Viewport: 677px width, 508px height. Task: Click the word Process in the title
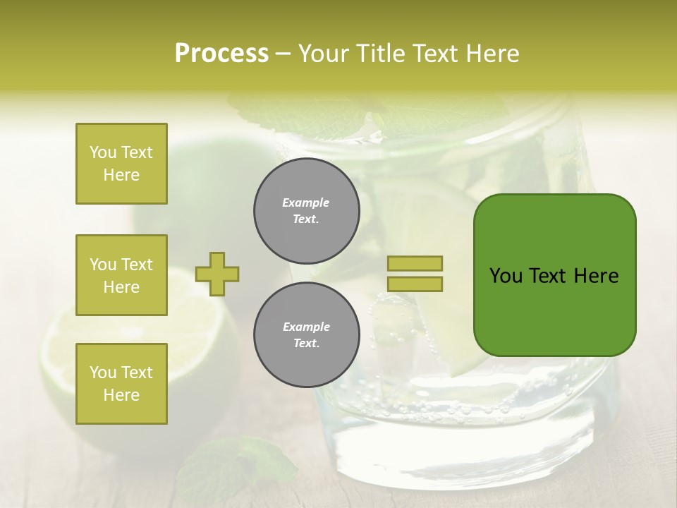click(x=221, y=54)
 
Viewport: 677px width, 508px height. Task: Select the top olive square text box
click(x=121, y=164)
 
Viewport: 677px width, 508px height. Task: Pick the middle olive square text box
click(x=121, y=275)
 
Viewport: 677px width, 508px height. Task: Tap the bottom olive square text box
click(x=121, y=384)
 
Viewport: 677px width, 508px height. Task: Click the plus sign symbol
click(x=217, y=274)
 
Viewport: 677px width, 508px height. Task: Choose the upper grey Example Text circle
click(x=306, y=210)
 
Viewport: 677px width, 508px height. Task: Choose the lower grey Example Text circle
click(x=306, y=334)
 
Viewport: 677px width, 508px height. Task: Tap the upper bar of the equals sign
click(x=415, y=263)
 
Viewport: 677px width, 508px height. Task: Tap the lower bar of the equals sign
click(x=415, y=284)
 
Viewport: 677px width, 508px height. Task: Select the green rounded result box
click(x=554, y=275)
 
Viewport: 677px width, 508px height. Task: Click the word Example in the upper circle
click(x=306, y=202)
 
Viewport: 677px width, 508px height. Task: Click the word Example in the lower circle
click(x=306, y=327)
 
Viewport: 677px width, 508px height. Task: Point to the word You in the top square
click(x=103, y=152)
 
